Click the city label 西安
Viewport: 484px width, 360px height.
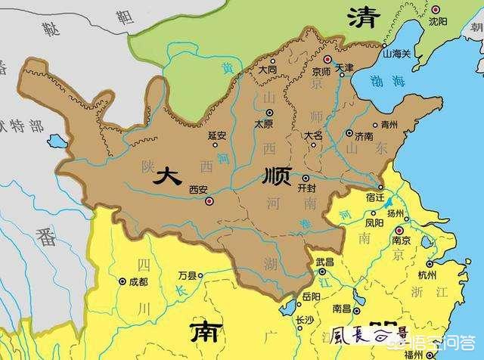click(x=198, y=189)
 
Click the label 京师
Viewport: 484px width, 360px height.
click(x=320, y=71)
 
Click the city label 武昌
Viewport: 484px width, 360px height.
click(x=324, y=261)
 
